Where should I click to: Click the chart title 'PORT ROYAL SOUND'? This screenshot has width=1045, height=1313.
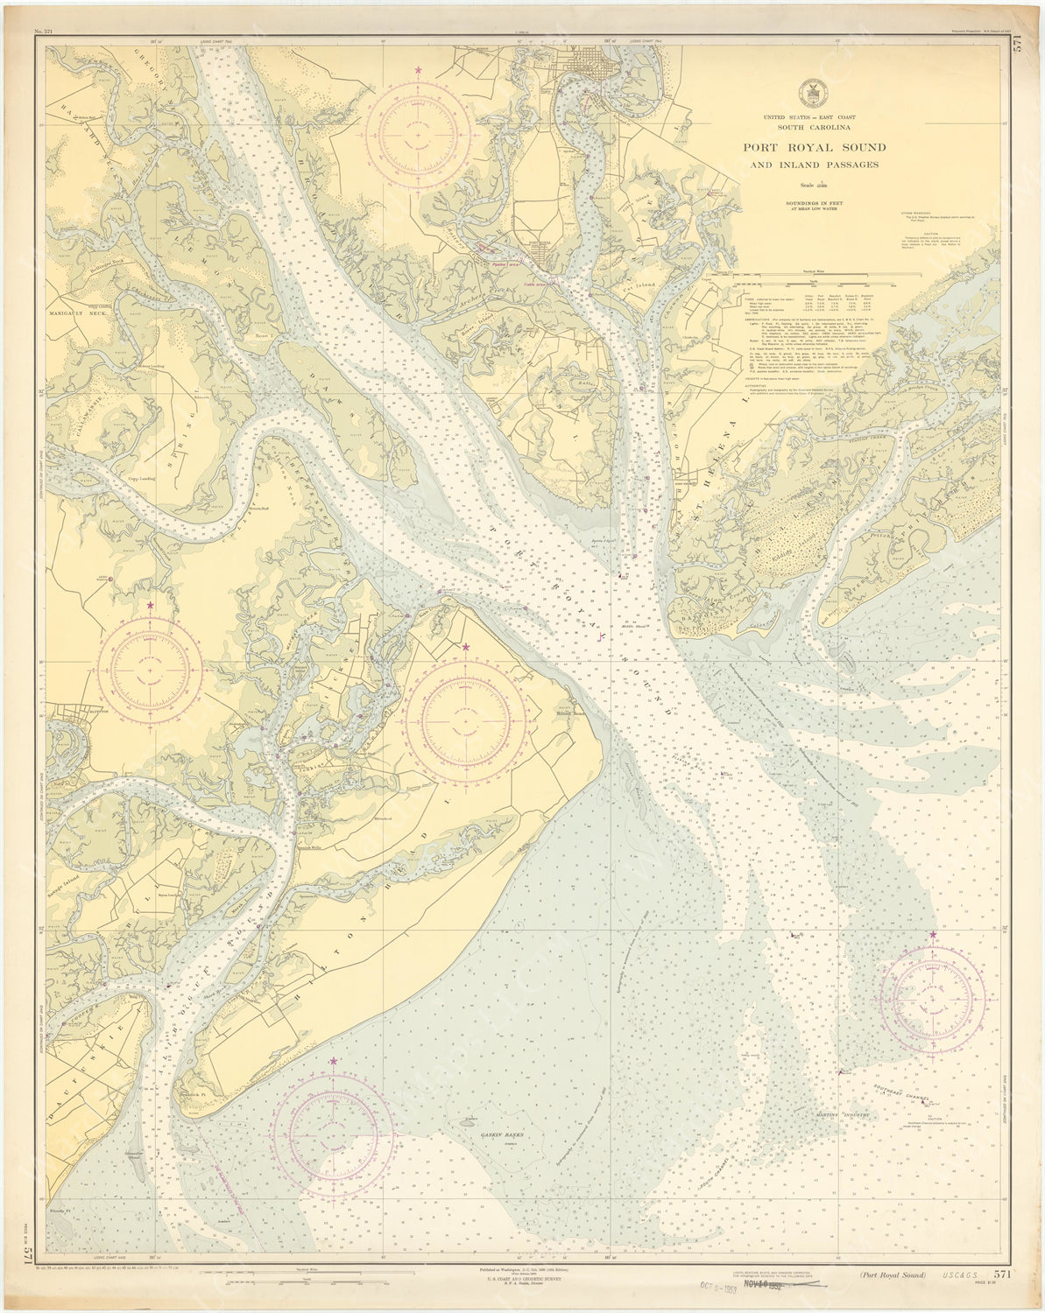[x=802, y=147]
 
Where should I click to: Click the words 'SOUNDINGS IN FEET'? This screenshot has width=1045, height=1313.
[x=803, y=201]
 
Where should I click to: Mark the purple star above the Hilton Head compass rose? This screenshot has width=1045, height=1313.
[x=465, y=648]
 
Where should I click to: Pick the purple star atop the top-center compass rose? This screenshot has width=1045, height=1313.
[x=419, y=69]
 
